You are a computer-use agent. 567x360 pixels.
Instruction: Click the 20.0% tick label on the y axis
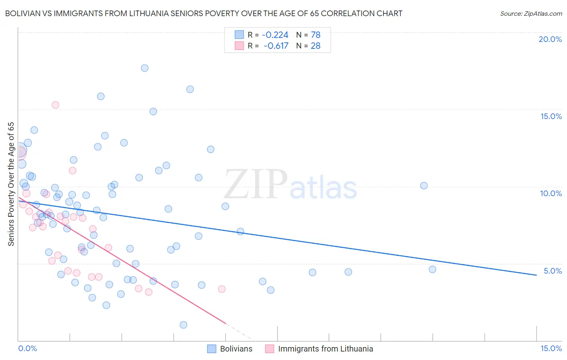pos(550,39)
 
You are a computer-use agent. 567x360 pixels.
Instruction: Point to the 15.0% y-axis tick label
pos(551,116)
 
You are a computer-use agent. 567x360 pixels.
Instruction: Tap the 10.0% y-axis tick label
pos(551,193)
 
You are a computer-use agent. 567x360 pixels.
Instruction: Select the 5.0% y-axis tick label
pos(552,271)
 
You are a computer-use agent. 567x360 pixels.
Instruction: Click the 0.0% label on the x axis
pos(27,348)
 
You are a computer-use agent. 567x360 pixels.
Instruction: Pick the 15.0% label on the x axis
pos(551,348)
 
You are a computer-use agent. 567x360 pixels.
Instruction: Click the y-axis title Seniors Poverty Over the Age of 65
pos(11,184)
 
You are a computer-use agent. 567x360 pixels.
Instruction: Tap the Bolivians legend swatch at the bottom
pos(212,349)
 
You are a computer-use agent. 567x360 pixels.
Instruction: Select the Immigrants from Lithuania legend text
pos(325,349)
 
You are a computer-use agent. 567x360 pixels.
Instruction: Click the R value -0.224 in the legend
pos(275,35)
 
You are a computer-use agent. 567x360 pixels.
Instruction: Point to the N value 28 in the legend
pos(315,46)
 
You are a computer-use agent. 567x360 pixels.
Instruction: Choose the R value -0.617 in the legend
pos(276,46)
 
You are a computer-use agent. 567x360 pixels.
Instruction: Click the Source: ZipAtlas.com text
pos(531,13)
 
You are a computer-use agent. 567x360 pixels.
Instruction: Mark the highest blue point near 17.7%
pos(144,68)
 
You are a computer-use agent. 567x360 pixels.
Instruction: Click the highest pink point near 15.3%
pos(55,105)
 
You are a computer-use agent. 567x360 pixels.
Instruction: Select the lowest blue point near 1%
pos(183,325)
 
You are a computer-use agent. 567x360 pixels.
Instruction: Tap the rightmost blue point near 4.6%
pos(432,269)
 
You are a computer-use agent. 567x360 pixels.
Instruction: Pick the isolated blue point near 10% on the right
pos(424,186)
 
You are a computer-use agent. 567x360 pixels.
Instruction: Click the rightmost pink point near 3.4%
pos(221,289)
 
